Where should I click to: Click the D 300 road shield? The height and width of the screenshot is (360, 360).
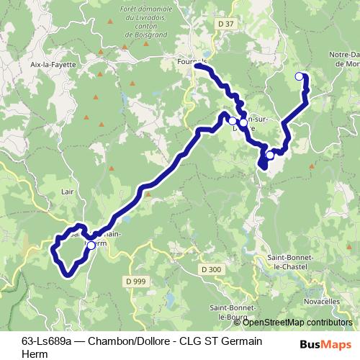[212, 269]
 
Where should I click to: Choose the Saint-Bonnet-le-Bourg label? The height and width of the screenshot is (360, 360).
[229, 312]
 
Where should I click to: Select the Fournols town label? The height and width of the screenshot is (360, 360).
[191, 62]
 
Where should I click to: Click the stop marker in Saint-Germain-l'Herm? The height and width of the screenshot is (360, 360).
[91, 245]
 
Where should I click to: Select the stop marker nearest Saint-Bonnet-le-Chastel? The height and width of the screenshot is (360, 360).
[270, 154]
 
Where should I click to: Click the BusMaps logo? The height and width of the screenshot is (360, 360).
[326, 343]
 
